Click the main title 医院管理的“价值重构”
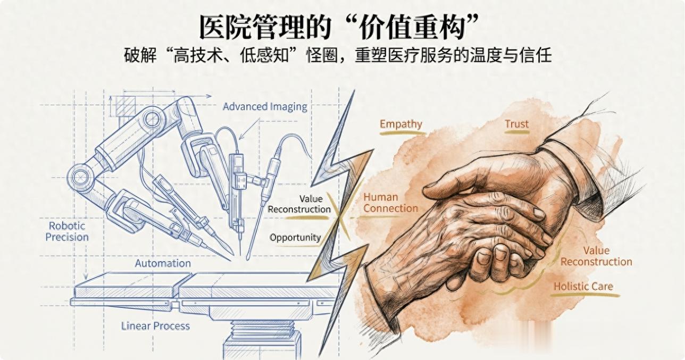click(340, 27)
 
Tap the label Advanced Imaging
click(265, 106)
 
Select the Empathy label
click(401, 124)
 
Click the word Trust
click(516, 124)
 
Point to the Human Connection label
click(390, 203)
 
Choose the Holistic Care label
click(583, 286)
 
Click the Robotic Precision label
click(67, 231)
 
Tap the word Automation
click(163, 263)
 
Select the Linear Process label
click(155, 325)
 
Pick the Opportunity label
click(295, 238)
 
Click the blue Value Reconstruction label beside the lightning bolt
click(299, 204)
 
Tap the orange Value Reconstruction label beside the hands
click(596, 256)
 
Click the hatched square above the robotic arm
click(127, 107)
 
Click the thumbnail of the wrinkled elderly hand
click(483, 259)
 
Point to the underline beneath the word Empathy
click(402, 133)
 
